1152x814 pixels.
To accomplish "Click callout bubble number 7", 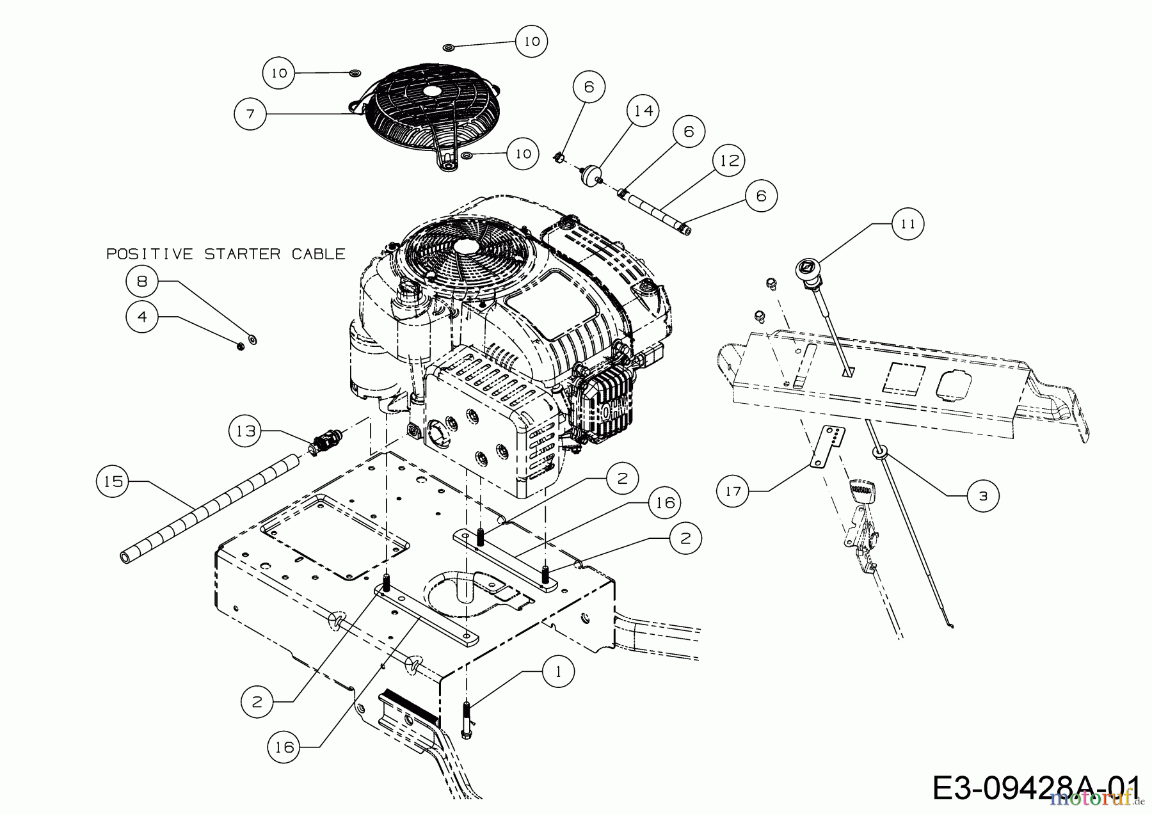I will tap(250, 114).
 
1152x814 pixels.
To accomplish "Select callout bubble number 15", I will tap(113, 481).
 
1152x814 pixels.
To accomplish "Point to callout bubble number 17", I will tap(733, 491).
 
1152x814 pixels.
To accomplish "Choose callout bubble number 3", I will tap(983, 495).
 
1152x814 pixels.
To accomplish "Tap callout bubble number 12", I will tap(729, 160).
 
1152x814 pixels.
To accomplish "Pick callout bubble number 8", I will tap(142, 281).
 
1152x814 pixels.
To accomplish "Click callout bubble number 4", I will tap(142, 317).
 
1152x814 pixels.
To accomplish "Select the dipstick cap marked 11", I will tap(807, 267).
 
